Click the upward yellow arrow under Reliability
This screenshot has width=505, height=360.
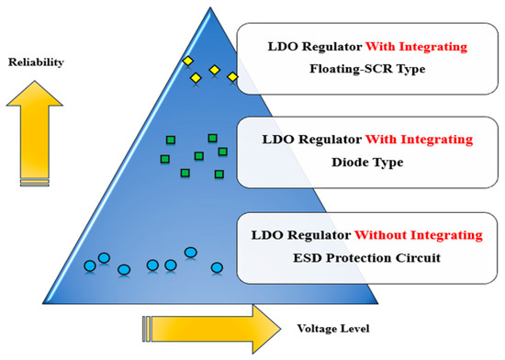(36, 129)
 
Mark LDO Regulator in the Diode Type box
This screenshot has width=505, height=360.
(300, 140)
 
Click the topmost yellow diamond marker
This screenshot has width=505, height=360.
(187, 61)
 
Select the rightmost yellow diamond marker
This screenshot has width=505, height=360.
(232, 76)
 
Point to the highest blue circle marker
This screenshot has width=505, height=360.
(191, 252)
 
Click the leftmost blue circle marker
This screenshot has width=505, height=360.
(90, 266)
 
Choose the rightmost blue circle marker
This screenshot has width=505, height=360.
(217, 268)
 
